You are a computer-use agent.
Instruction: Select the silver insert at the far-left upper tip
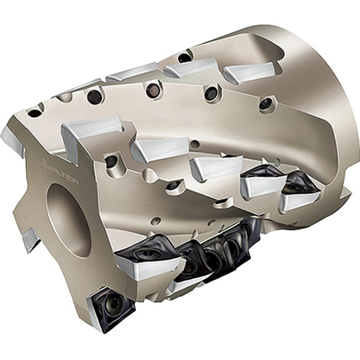tap(13, 142)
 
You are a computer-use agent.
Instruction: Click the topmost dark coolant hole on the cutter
tap(184, 57)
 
